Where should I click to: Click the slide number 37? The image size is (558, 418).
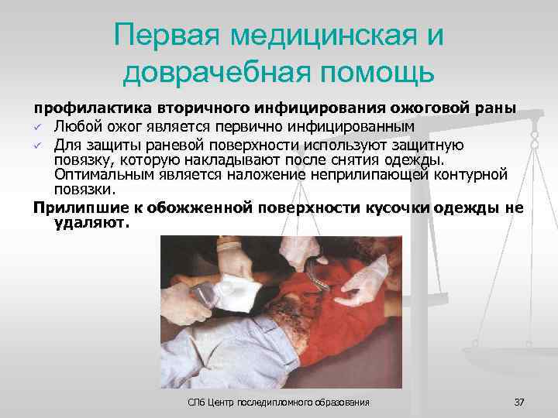[x=519, y=403]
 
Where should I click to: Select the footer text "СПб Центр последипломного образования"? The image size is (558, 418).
[x=279, y=403]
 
